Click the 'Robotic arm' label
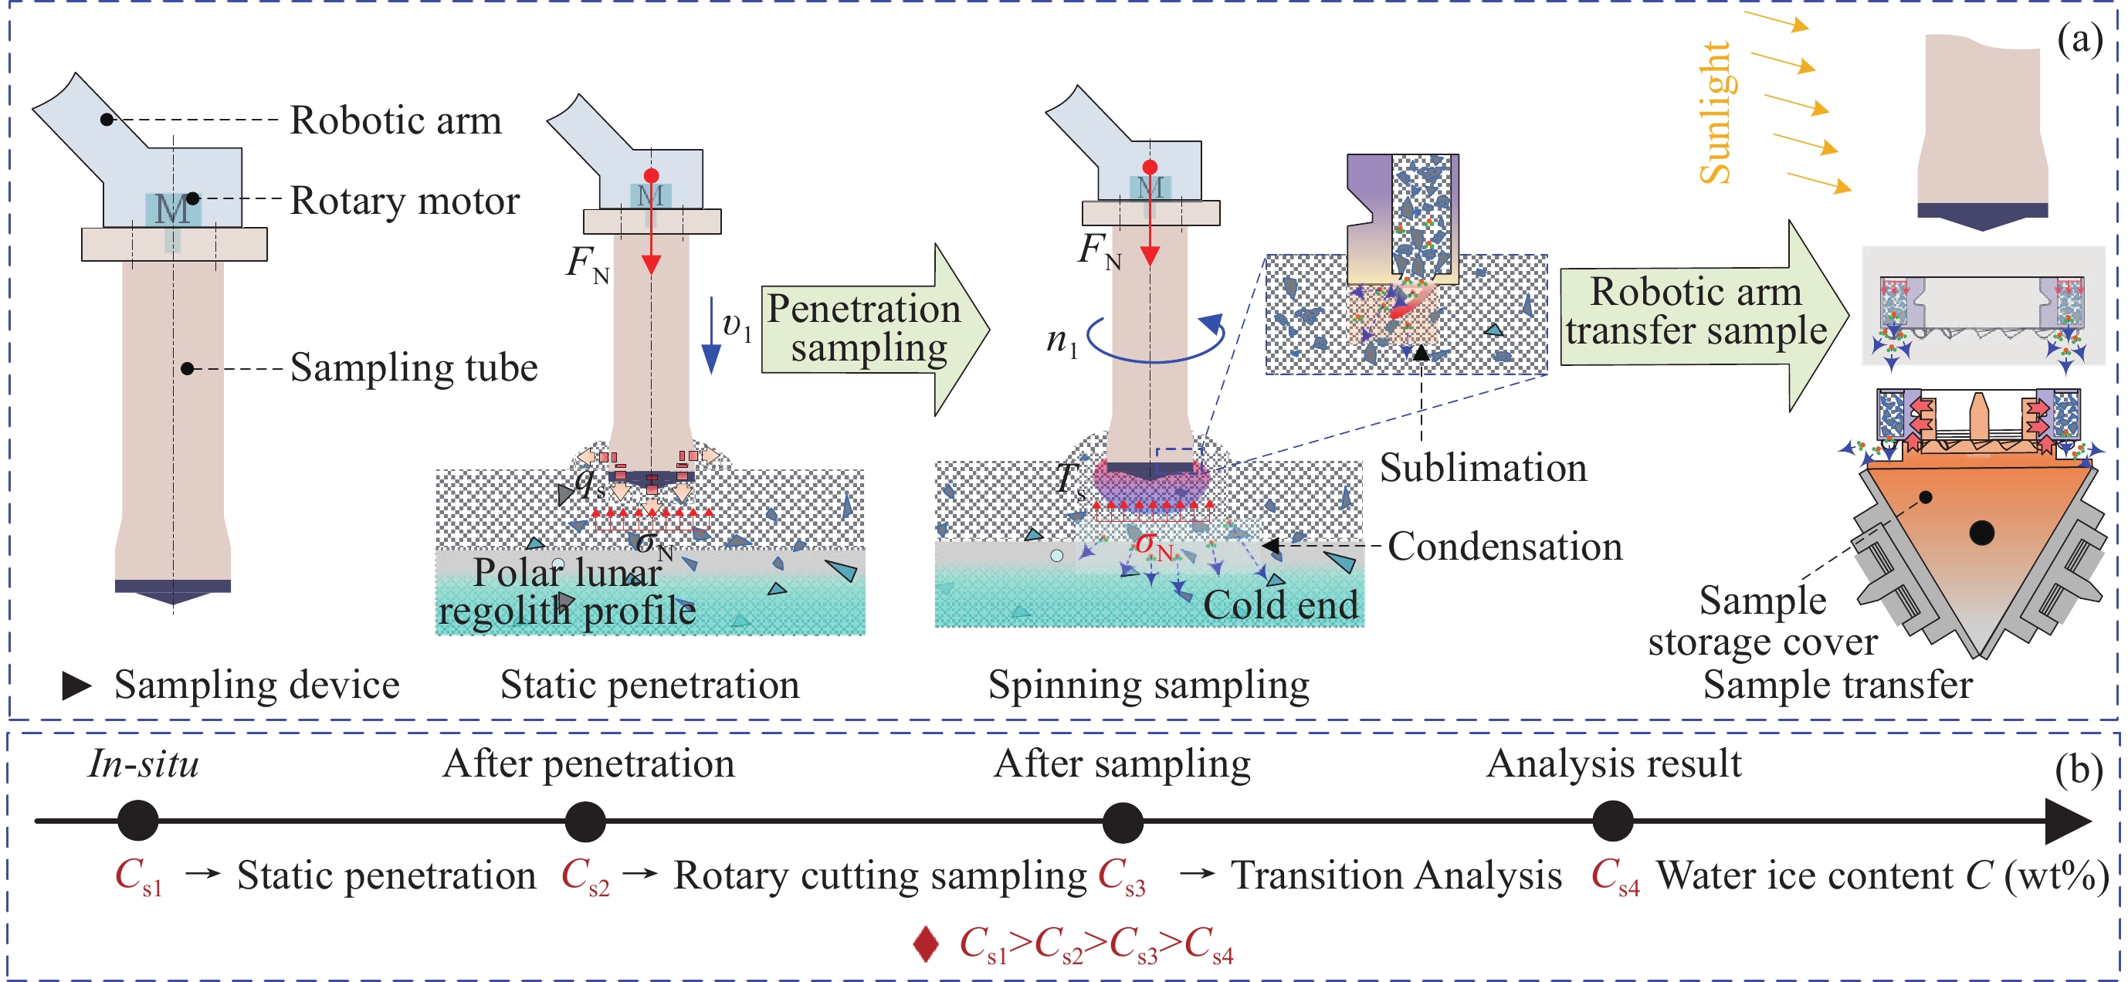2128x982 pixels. tap(395, 120)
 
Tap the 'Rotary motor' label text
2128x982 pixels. tap(405, 201)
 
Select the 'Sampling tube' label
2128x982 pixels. tap(414, 367)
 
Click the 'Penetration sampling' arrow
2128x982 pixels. tap(867, 329)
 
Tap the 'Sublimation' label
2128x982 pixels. tap(1482, 469)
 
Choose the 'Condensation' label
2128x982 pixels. tap(1504, 547)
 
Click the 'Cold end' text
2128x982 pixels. tap(1280, 605)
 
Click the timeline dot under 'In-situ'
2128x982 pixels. tap(138, 821)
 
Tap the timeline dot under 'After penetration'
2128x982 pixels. tap(585, 821)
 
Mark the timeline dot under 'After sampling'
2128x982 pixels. tap(1123, 821)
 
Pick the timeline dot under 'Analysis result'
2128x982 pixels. tap(1612, 821)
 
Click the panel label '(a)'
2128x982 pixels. tap(2080, 39)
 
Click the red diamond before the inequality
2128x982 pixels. tap(926, 944)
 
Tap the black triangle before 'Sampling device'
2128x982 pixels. tap(76, 686)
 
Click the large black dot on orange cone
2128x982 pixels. tap(1982, 533)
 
